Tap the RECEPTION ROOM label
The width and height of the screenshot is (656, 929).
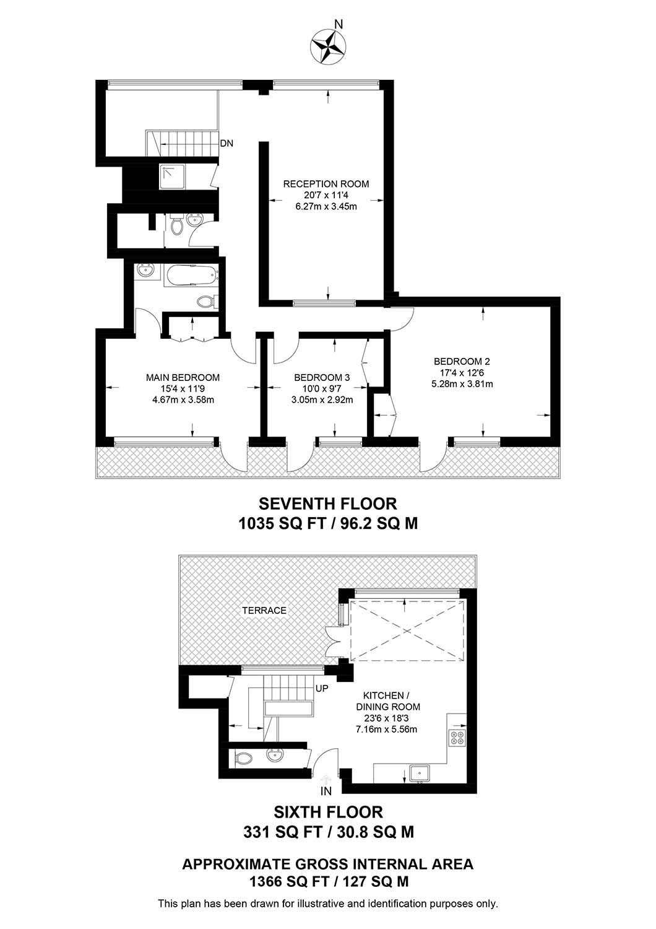pyautogui.click(x=326, y=184)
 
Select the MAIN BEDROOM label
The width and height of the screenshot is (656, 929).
pyautogui.click(x=183, y=377)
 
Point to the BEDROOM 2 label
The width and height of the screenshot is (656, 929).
pyautogui.click(x=462, y=361)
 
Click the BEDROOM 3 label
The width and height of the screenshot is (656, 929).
pyautogui.click(x=322, y=377)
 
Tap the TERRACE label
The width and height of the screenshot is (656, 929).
pyautogui.click(x=264, y=611)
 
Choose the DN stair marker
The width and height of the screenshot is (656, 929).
pyautogui.click(x=227, y=144)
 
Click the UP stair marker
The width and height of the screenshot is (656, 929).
pyautogui.click(x=322, y=689)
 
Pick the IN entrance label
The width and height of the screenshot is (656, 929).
pyautogui.click(x=326, y=792)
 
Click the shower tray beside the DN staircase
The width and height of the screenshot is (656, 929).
pyautogui.click(x=172, y=177)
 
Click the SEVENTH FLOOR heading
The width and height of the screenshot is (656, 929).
pyautogui.click(x=328, y=504)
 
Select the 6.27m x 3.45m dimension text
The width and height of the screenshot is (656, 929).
pyautogui.click(x=326, y=206)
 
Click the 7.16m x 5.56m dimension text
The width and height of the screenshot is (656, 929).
pyautogui.click(x=386, y=729)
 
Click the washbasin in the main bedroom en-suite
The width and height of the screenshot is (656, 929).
pyautogui.click(x=145, y=272)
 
